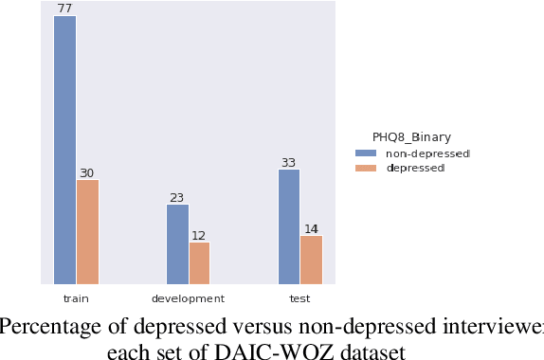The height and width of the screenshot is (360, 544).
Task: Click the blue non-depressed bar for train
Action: coord(65,150)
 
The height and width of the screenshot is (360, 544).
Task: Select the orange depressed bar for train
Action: coord(87,231)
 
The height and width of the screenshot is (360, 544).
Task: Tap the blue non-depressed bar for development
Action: coord(177,243)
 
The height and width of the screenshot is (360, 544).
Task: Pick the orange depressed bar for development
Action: coord(199,262)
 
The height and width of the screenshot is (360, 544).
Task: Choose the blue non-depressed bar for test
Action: coord(289,226)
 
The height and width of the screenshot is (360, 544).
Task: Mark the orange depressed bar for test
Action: coord(311,260)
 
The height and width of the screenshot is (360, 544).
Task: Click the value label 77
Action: coord(65,9)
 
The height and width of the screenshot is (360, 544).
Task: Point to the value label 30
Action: coord(87,172)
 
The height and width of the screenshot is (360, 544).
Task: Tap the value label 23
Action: coord(177,198)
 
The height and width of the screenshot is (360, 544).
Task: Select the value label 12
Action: coord(199,236)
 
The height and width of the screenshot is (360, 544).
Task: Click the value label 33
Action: coord(289,163)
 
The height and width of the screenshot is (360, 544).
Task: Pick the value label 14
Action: coord(311,229)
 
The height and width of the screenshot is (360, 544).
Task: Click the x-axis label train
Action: coord(76,298)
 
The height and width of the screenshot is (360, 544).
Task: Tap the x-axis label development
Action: coord(188,298)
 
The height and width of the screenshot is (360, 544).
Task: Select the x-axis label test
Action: coord(299,298)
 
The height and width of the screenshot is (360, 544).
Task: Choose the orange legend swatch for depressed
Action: coord(365,168)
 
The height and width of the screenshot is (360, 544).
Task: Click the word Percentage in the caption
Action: coord(45,328)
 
